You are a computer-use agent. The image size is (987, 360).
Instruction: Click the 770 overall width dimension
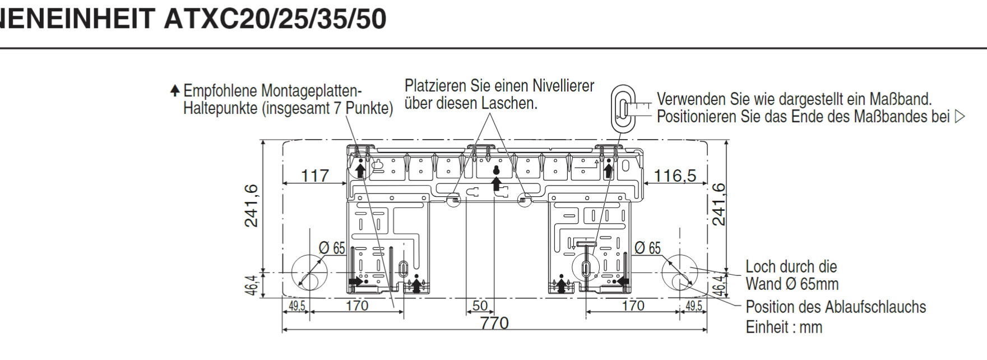[x=494, y=323]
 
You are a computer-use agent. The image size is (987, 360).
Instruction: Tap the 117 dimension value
[x=315, y=176]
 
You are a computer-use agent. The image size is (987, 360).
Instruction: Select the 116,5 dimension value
[x=675, y=176]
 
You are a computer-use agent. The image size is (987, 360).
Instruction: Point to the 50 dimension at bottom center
[x=480, y=306]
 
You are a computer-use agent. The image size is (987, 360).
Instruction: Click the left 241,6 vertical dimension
[x=252, y=206]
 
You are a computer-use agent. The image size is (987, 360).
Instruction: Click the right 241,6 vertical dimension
[x=719, y=204]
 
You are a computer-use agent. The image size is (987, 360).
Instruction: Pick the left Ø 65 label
[x=332, y=248]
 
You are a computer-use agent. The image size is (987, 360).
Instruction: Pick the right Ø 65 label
[x=647, y=248]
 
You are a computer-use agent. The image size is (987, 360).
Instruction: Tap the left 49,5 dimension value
[x=296, y=306]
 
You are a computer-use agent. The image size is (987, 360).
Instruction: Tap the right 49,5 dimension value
[x=693, y=306]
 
